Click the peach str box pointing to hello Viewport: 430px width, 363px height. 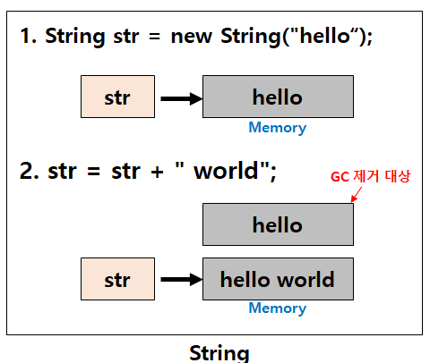tap(117, 97)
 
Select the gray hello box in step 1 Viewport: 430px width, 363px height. tap(278, 97)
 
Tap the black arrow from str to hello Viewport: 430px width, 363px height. tap(182, 97)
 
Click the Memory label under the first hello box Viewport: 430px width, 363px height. tap(277, 128)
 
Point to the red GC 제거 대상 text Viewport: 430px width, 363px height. tap(370, 177)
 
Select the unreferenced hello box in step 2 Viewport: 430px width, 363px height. tap(278, 224)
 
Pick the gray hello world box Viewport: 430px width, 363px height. tap(278, 279)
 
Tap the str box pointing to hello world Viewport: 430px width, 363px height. tap(117, 279)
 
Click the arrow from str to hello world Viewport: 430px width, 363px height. tap(182, 279)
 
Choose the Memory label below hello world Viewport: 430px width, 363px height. tap(277, 308)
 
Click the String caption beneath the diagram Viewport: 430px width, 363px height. tap(219, 351)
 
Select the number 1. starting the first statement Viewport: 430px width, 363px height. tap(29, 37)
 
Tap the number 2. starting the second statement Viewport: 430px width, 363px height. tap(30, 171)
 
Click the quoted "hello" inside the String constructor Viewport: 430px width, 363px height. tap(319, 37)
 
